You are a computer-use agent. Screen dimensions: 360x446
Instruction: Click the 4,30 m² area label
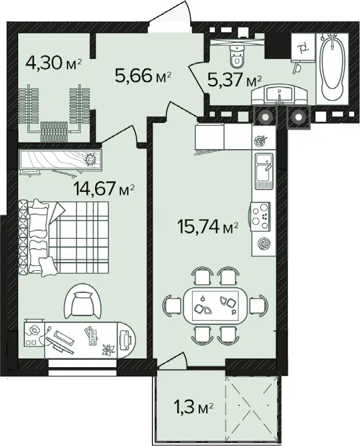click(54, 63)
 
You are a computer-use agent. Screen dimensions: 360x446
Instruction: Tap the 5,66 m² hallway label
click(143, 76)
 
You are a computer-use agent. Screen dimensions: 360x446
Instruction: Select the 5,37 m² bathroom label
click(234, 80)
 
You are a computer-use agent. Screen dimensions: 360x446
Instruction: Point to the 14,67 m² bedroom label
click(104, 189)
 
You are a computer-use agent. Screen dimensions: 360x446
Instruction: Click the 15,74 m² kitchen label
click(207, 227)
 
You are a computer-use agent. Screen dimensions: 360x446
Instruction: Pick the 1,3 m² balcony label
click(193, 408)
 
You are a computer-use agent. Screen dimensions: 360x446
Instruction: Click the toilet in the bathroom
click(237, 56)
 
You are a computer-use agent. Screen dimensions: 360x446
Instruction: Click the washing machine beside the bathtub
click(303, 47)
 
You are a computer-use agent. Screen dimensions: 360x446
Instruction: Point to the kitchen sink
click(264, 171)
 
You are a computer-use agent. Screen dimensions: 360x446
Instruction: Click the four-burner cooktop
click(260, 216)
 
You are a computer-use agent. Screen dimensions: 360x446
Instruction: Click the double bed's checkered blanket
click(82, 237)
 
